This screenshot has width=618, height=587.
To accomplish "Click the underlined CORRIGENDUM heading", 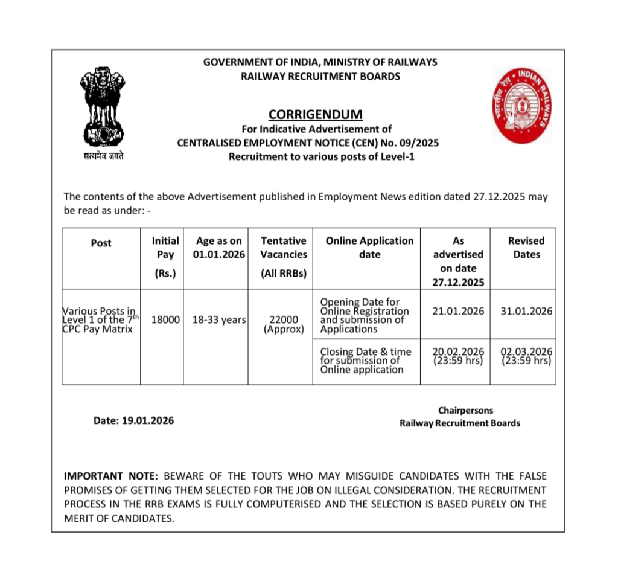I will (316, 114).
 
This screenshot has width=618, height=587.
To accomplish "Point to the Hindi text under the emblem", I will (103, 156).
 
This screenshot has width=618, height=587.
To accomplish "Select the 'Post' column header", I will (101, 243).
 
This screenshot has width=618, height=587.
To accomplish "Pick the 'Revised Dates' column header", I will (526, 248).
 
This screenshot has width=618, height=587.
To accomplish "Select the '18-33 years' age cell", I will (218, 319).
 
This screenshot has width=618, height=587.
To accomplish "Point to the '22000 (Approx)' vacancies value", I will (283, 324).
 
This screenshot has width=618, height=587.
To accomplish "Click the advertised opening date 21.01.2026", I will (458, 312).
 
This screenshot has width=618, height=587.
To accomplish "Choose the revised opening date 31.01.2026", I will (526, 312).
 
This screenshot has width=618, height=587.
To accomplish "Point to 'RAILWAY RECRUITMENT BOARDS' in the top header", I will (320, 76).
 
